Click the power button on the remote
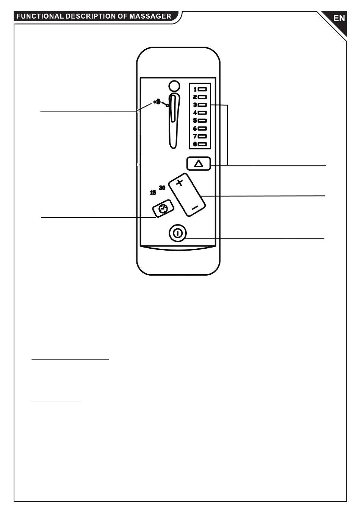(x=178, y=233)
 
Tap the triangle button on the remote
(x=199, y=163)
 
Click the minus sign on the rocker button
(x=195, y=208)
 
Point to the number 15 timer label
(x=153, y=193)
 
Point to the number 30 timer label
(x=162, y=188)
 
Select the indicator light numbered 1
(x=202, y=89)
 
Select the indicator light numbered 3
(x=202, y=105)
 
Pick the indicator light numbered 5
(x=202, y=121)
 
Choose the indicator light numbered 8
(x=202, y=144)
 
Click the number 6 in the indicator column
(x=195, y=129)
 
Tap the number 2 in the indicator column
(x=195, y=97)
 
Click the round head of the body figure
(x=174, y=86)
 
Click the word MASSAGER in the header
(x=150, y=16)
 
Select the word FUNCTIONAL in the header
(x=40, y=16)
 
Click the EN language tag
(x=339, y=18)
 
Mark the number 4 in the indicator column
(x=195, y=113)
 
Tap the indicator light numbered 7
(x=202, y=136)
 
